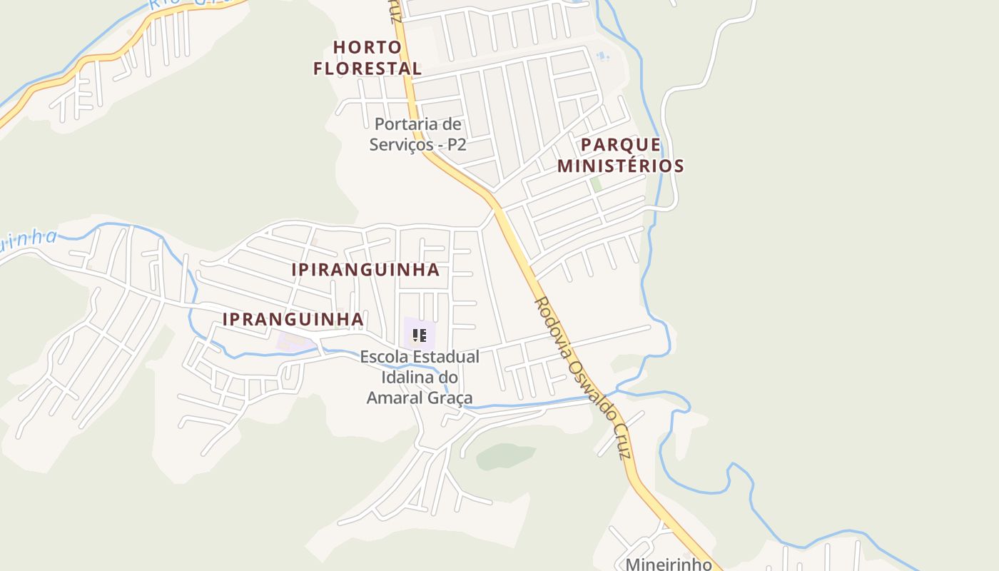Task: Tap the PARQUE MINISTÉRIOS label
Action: click(x=620, y=156)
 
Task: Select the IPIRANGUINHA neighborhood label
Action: click(x=365, y=270)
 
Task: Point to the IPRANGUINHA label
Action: click(x=293, y=319)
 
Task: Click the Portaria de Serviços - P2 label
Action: click(x=418, y=134)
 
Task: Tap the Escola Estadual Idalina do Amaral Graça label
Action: click(x=420, y=377)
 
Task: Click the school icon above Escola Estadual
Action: click(x=420, y=335)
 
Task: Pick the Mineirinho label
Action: click(x=669, y=564)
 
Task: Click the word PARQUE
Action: click(x=620, y=145)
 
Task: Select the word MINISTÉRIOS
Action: click(x=620, y=166)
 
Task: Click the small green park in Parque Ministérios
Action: click(x=596, y=184)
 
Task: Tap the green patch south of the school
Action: click(x=505, y=456)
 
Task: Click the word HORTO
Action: click(x=367, y=47)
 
